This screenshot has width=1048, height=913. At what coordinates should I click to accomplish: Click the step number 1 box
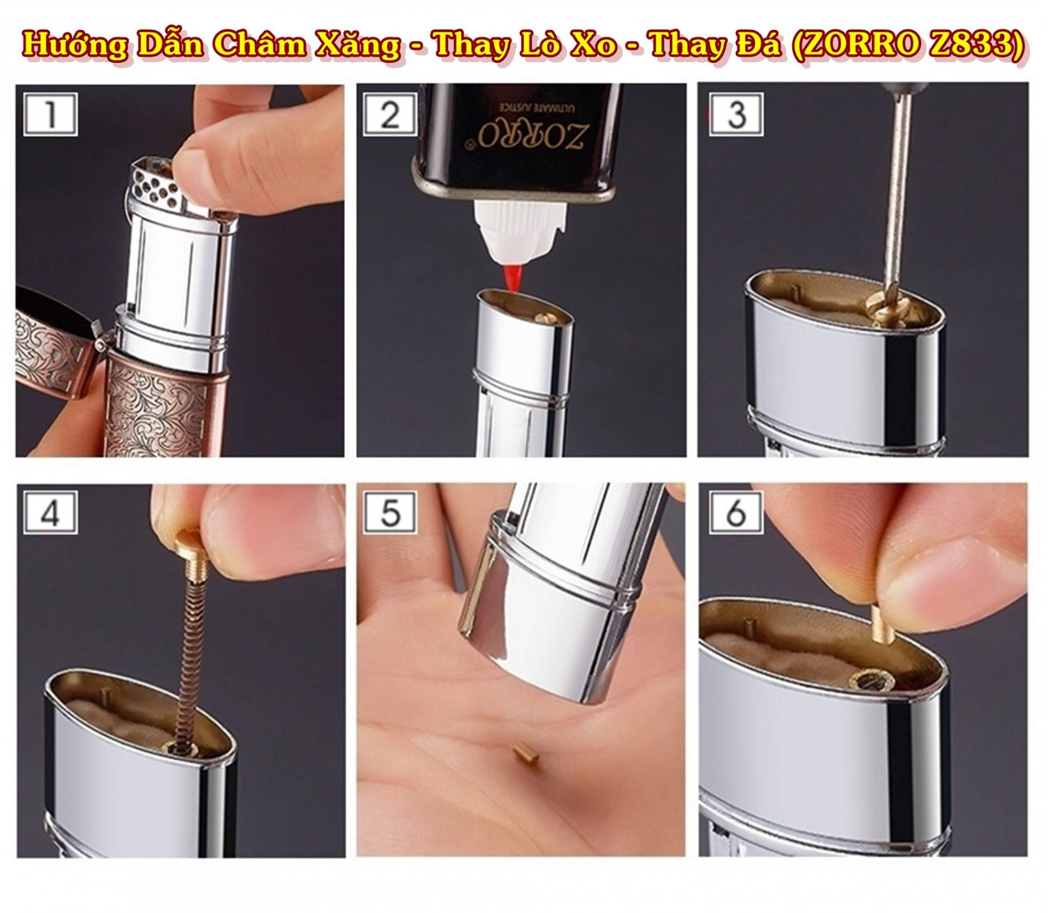click(x=50, y=114)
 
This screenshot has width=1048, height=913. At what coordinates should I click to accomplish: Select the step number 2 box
click(x=390, y=114)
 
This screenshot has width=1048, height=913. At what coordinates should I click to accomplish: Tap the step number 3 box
click(x=737, y=114)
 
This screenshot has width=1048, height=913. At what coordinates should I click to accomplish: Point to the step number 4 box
click(x=50, y=514)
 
